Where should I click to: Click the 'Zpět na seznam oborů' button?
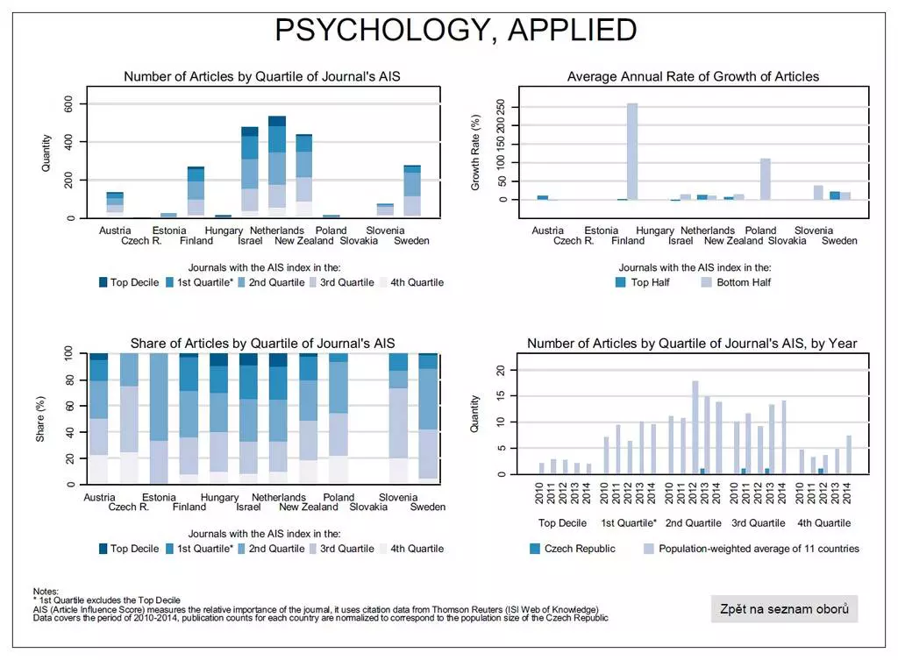(784, 609)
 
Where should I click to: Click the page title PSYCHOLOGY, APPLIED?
(455, 31)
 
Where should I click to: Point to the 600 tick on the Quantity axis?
(68, 103)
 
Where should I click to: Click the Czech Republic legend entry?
(574, 549)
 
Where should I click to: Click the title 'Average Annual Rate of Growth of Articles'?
(693, 76)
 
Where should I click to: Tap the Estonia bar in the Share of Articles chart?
(160, 419)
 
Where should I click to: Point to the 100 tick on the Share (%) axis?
(70, 353)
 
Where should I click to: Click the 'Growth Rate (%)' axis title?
(475, 153)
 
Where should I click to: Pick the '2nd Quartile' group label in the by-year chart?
(693, 523)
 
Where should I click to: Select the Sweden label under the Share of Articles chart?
(428, 507)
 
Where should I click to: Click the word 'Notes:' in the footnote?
(46, 592)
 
